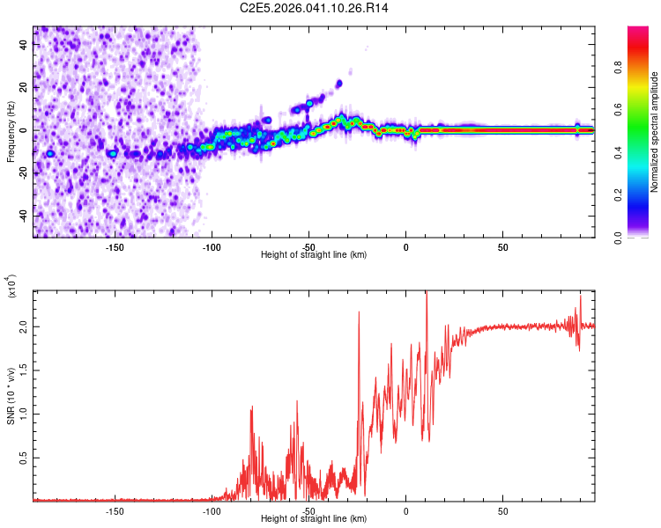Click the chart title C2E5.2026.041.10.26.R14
pos(315,8)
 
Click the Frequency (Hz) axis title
pos(11,132)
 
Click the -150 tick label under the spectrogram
pos(114,246)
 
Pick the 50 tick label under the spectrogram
pos(501,246)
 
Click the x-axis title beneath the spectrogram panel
pos(314,255)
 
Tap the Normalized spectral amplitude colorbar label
pos(655,132)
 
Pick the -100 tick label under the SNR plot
pos(211,510)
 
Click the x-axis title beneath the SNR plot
pos(314,519)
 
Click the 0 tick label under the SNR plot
pos(405,510)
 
